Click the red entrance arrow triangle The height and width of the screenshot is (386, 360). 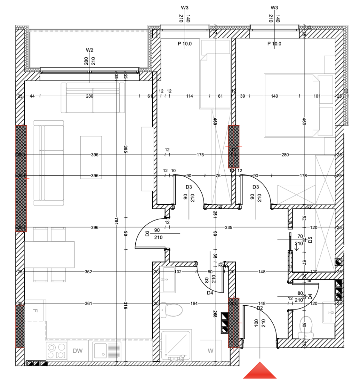[260, 371]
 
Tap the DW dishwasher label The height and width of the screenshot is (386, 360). [78, 351]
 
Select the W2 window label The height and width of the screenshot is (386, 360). [89, 50]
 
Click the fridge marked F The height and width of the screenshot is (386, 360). [35, 311]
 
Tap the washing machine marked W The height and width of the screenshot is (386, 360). [210, 351]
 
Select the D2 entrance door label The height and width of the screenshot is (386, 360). [260, 308]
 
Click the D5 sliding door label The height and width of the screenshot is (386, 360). [310, 240]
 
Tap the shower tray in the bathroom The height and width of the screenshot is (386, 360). [176, 345]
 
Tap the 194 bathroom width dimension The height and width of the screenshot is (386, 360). [194, 303]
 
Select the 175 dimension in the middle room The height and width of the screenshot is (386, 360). [200, 155]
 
